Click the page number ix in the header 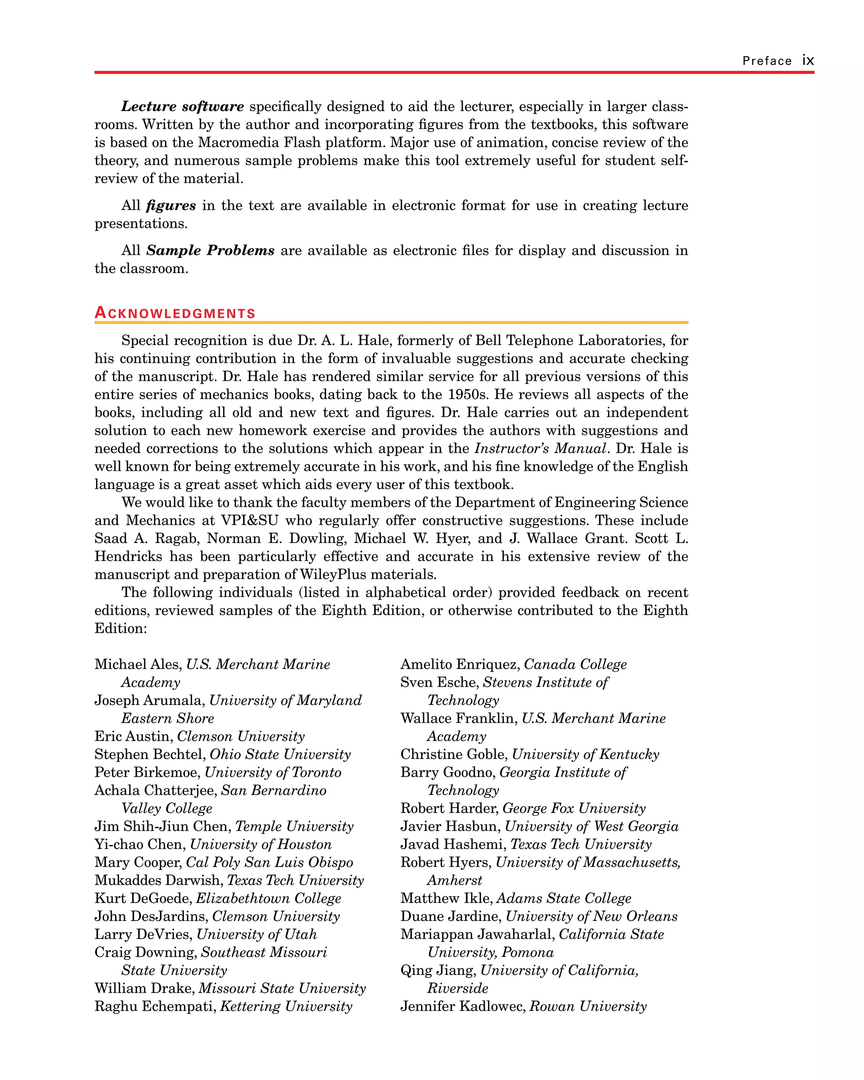coord(807,61)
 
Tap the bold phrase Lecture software coord(182,107)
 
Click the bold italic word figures coord(171,205)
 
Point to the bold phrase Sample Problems coord(211,251)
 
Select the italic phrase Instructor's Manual coord(540,448)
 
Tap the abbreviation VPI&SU coord(249,521)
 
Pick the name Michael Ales coord(137,664)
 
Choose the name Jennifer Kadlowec coord(462,1006)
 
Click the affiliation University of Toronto coord(273,772)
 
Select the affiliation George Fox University coord(574,808)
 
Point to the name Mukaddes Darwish coord(158,880)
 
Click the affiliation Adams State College coord(564,898)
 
